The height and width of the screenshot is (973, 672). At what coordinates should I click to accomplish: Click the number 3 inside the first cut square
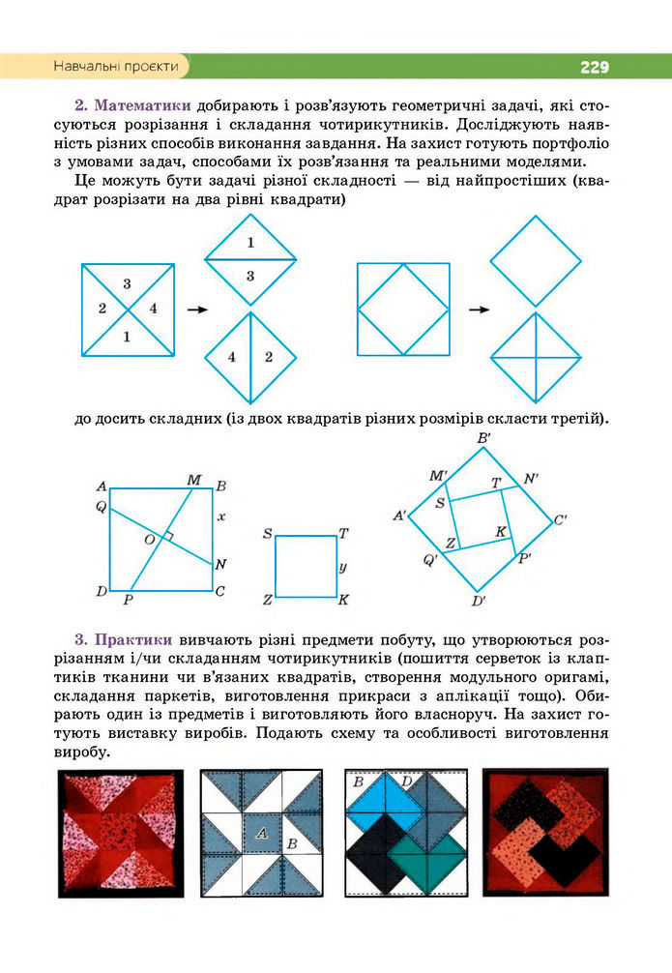(x=128, y=283)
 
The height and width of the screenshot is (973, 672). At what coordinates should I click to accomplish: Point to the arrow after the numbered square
(x=197, y=310)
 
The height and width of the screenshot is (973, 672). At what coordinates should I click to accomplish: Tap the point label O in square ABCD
(x=149, y=539)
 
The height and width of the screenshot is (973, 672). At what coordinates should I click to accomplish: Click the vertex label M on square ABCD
(x=193, y=480)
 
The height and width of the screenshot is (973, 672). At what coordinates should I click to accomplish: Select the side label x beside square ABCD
(x=221, y=517)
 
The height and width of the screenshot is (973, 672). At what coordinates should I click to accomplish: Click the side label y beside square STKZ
(x=343, y=566)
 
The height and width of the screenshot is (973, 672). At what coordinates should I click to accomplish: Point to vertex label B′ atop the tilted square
(x=483, y=439)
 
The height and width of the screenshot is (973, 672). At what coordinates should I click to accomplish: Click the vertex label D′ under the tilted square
(x=478, y=601)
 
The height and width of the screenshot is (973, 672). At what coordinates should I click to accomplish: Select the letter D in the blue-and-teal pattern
(x=407, y=781)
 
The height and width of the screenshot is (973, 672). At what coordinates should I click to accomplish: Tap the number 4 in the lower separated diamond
(x=232, y=357)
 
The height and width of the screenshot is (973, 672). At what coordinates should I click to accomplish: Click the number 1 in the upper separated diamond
(x=249, y=243)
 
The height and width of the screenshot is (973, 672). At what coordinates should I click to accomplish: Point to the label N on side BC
(x=220, y=565)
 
